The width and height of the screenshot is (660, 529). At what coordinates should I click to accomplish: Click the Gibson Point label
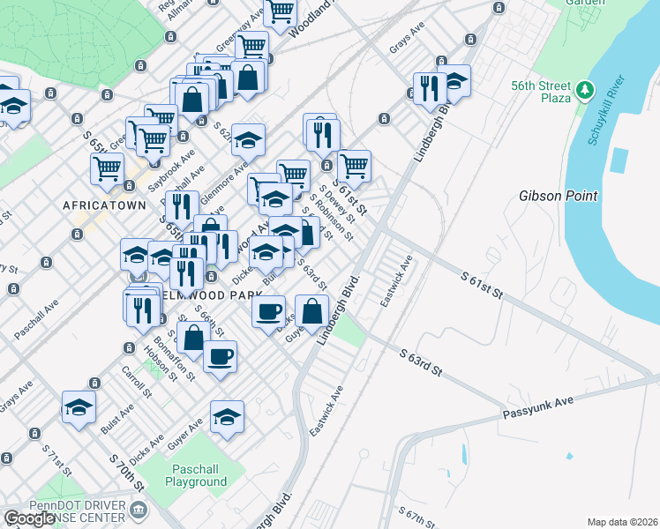[x=559, y=196]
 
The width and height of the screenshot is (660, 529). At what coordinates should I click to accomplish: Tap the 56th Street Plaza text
[x=542, y=92]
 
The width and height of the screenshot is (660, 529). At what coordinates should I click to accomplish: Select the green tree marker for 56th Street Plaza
[x=583, y=91]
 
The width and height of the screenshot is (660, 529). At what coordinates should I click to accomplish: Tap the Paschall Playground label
[x=195, y=475]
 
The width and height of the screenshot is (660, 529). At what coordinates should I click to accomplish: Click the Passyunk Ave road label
[x=538, y=406]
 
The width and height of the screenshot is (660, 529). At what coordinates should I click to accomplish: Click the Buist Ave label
[x=116, y=415]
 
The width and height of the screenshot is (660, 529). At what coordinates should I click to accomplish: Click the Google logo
[x=30, y=518]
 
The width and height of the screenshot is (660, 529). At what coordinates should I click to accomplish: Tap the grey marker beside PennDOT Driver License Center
[x=139, y=510]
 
